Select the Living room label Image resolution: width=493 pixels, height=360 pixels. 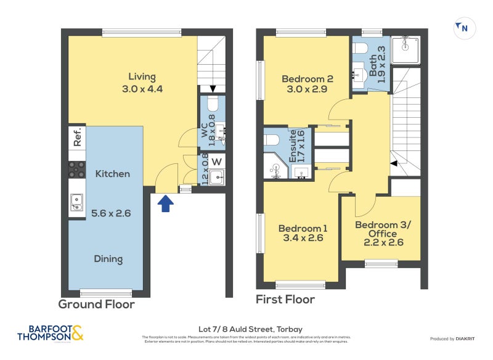coord(142,77)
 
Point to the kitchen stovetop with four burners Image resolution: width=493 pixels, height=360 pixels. coord(77,170)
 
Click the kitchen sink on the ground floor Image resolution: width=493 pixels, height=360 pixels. coord(77,202)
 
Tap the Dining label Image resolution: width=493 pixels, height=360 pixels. coord(108,259)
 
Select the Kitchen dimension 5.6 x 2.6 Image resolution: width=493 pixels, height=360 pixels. coord(112,213)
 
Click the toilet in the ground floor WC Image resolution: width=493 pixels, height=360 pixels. coord(213,102)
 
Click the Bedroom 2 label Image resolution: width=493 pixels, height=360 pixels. coord(308,79)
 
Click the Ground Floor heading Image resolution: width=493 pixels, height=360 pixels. coord(96,304)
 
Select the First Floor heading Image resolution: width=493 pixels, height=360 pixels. coord(285,300)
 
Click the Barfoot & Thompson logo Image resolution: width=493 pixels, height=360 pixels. coord(49,333)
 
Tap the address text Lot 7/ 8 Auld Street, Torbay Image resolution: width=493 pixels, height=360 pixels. coord(246,329)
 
